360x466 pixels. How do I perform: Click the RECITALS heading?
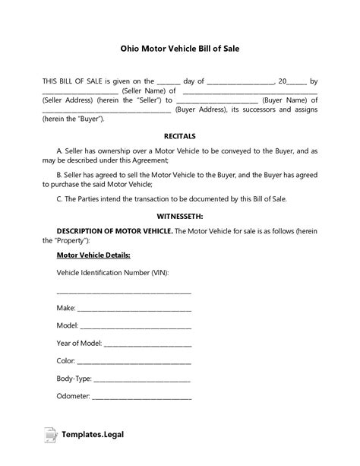180,136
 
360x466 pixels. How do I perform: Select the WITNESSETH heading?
180,216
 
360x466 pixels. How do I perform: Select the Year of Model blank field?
149,344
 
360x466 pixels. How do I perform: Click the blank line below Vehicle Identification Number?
124,291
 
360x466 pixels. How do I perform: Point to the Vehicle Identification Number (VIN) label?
112,272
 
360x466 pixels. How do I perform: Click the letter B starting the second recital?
60,174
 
